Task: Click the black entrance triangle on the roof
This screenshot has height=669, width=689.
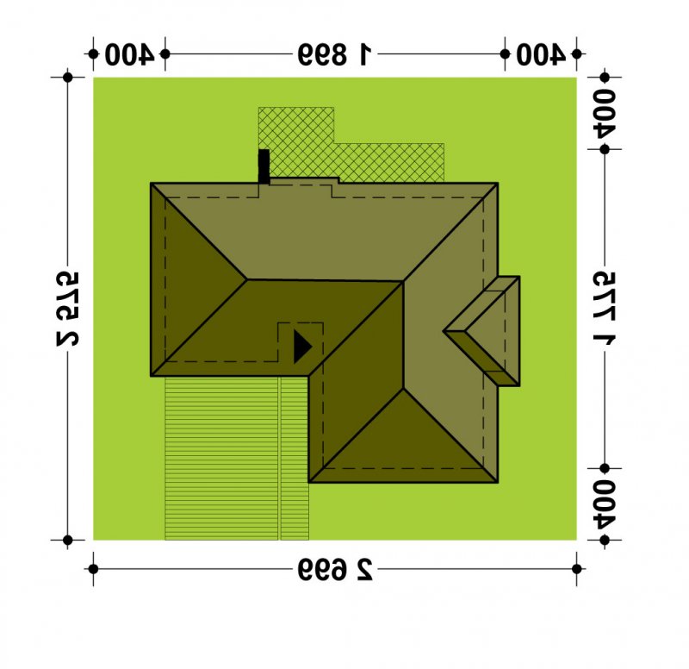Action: (x=301, y=347)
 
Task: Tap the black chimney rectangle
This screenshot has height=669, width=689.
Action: (x=264, y=166)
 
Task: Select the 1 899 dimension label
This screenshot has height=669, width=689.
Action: (x=335, y=54)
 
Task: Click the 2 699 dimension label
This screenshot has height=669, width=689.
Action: (x=335, y=570)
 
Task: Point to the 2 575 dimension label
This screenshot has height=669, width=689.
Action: (x=68, y=309)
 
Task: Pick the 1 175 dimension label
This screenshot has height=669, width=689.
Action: (x=605, y=308)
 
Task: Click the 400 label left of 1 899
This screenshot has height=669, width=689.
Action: (x=129, y=54)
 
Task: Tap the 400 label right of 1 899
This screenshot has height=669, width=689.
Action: (x=541, y=54)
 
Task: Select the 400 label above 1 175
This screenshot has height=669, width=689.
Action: (x=605, y=114)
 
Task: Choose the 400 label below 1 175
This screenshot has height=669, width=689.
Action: (x=605, y=503)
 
